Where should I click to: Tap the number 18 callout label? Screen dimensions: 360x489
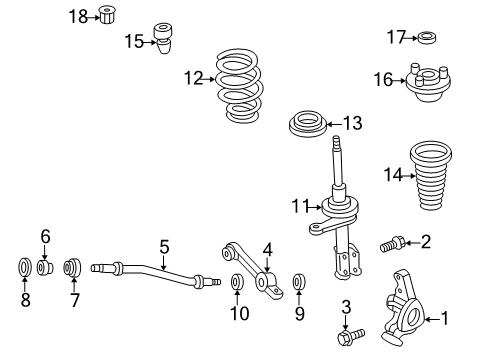[x=78, y=15]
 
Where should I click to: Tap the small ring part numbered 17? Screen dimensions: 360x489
[x=426, y=38]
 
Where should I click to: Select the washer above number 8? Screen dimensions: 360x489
[x=25, y=269]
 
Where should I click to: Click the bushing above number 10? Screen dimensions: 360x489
[x=236, y=283]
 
